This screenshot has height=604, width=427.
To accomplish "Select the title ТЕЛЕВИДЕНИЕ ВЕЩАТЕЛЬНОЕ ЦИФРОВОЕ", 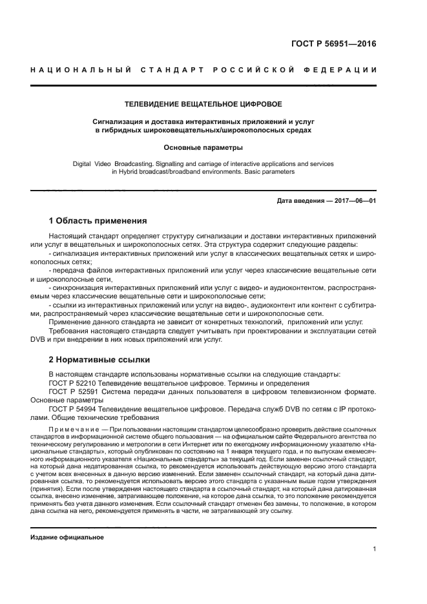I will [203, 103].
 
